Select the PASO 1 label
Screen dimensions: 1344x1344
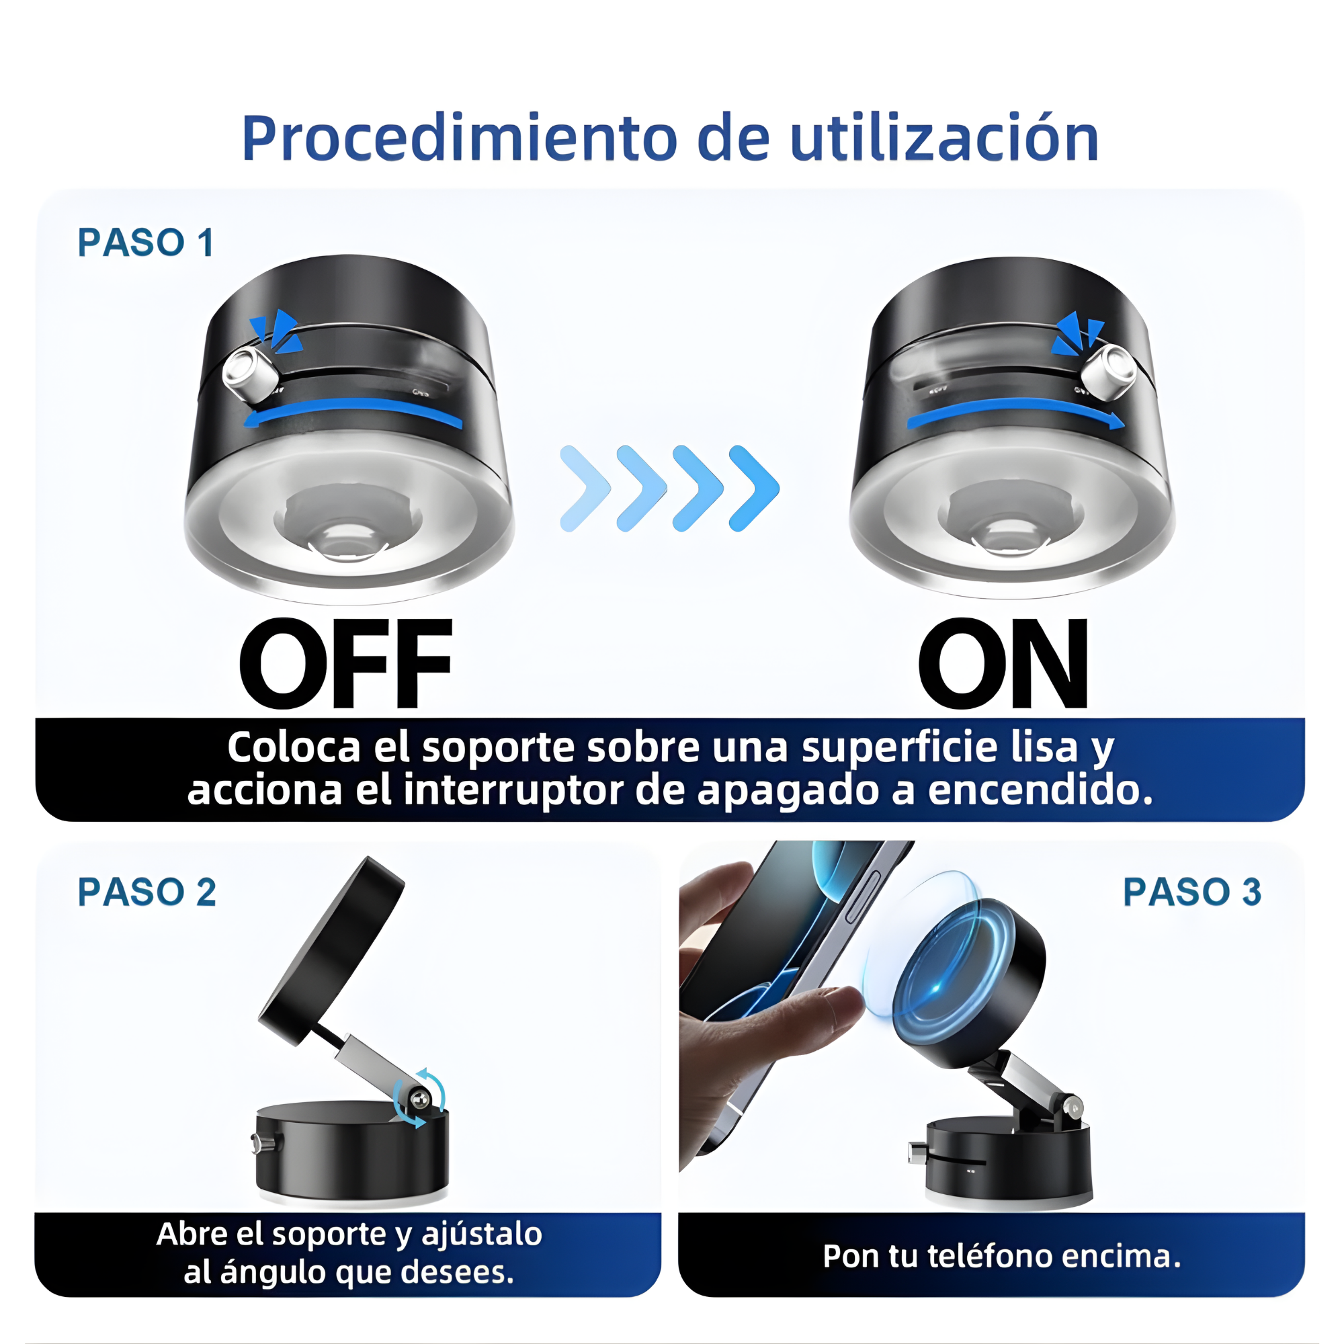(x=145, y=243)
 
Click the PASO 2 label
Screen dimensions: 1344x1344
(x=146, y=892)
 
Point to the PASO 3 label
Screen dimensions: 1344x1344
(x=1191, y=892)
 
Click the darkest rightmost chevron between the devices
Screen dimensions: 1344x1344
(x=754, y=489)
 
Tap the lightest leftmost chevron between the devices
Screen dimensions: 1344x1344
(x=585, y=489)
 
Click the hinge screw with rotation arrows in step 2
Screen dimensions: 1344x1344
(x=419, y=1100)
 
